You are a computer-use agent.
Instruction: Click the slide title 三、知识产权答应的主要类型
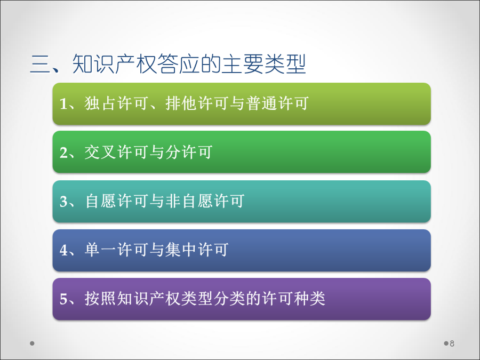[x=168, y=63]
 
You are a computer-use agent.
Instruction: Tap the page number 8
[x=452, y=343]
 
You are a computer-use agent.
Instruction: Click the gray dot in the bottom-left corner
[x=32, y=343]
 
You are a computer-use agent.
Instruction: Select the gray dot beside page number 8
[x=446, y=343]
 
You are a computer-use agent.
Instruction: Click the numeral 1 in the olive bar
[x=63, y=103]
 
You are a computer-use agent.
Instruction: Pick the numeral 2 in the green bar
[x=63, y=153]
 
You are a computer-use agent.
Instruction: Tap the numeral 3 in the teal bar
[x=63, y=202]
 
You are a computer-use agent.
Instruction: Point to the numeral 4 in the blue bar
[x=63, y=250]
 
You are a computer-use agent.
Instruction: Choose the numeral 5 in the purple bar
[x=63, y=299]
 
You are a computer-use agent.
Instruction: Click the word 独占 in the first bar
[x=100, y=103]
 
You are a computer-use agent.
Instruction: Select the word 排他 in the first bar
[x=181, y=103]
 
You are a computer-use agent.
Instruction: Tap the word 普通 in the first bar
[x=262, y=103]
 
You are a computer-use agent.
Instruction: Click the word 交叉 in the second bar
[x=100, y=152]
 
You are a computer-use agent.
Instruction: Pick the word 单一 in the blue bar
[x=100, y=250]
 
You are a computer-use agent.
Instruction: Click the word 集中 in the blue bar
[x=181, y=250]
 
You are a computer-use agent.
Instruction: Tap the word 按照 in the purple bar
[x=100, y=299]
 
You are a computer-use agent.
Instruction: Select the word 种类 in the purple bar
[x=309, y=299]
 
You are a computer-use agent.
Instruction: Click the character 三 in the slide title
[x=40, y=65]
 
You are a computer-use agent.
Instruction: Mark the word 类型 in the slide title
[x=285, y=63]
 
